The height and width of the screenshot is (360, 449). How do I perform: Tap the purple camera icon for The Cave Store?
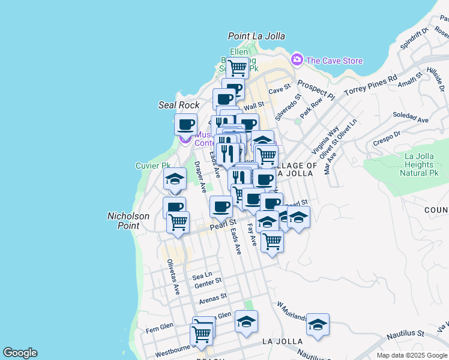(297, 60)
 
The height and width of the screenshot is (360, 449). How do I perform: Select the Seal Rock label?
(178, 105)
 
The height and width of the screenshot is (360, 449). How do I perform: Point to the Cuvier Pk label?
(153, 166)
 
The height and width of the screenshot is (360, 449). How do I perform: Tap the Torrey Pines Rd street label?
(371, 85)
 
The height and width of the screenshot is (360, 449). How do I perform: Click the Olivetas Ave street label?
(173, 277)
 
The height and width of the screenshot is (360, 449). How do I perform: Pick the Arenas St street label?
(214, 296)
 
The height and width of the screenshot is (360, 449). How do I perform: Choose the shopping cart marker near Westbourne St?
(202, 333)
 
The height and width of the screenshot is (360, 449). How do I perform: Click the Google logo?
(20, 353)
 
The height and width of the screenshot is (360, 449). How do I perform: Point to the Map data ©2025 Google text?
(411, 355)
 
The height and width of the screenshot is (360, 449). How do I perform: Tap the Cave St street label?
(279, 91)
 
